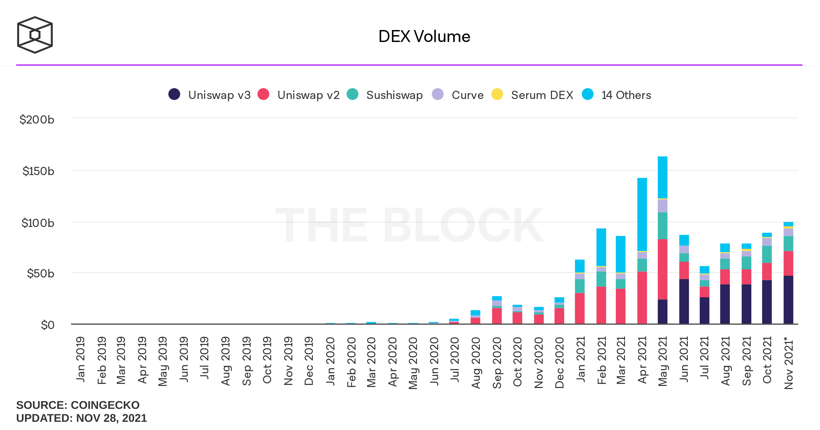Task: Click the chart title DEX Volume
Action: click(x=424, y=37)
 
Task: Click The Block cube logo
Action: click(x=35, y=35)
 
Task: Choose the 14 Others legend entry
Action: click(x=616, y=95)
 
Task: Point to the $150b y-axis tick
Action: click(x=38, y=171)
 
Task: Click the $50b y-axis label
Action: click(x=40, y=273)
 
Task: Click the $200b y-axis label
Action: click(x=37, y=119)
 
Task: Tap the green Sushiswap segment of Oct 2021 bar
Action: click(x=767, y=254)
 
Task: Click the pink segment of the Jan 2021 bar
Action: click(x=580, y=308)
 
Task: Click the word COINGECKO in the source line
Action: click(x=105, y=405)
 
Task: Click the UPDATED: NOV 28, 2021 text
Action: click(x=81, y=418)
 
